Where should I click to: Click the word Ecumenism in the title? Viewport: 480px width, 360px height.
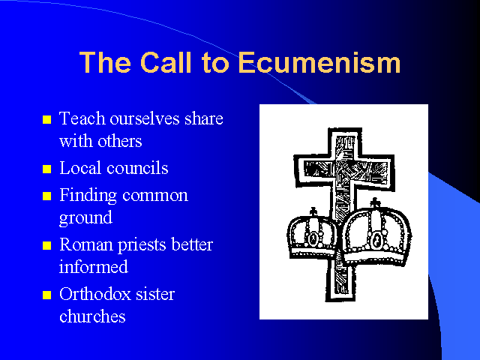tap(319, 62)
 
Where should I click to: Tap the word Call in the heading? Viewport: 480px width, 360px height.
tap(166, 62)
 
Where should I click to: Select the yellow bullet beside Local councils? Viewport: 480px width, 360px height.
tap(46, 169)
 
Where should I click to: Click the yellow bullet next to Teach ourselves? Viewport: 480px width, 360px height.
tap(46, 119)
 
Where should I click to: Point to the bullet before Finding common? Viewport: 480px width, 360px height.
tap(46, 196)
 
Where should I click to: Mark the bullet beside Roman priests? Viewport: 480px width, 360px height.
tap(46, 245)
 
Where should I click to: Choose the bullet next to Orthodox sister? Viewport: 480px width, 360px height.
tap(46, 295)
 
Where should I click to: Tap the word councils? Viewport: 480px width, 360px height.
tap(137, 168)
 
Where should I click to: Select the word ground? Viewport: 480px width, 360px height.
tap(85, 218)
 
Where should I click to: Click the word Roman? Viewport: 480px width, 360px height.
tap(86, 244)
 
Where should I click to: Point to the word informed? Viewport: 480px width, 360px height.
tap(93, 266)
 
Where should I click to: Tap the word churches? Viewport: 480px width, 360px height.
tap(92, 316)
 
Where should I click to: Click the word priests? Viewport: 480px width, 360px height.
tap(142, 245)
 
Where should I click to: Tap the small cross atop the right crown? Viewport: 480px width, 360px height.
tap(375, 203)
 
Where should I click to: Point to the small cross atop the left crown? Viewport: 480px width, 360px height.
tap(313, 211)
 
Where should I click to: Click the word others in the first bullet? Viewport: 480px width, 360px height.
tap(120, 141)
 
